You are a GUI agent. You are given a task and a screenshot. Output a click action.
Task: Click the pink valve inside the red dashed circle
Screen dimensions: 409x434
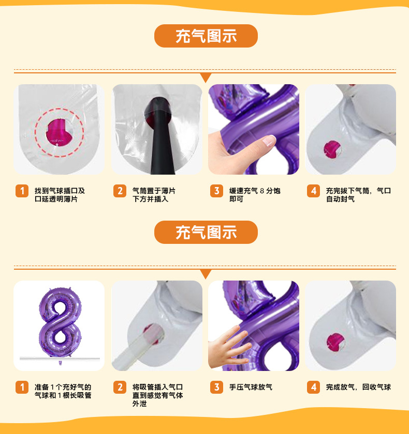(57, 132)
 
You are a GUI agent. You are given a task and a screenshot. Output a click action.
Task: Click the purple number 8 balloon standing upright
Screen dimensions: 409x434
(60, 325)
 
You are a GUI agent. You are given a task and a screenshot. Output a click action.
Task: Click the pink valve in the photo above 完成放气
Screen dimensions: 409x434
(335, 343)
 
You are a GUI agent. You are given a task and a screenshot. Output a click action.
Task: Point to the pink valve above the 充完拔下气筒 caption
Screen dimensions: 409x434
(332, 149)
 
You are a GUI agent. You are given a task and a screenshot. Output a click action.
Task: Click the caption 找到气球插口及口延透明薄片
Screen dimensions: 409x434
(60, 195)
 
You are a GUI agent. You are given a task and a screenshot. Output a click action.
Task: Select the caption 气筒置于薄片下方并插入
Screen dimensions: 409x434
(154, 195)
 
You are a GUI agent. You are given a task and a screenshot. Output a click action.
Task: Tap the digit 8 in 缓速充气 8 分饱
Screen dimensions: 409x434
(262, 191)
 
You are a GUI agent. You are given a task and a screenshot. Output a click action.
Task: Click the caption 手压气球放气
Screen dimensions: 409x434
(251, 387)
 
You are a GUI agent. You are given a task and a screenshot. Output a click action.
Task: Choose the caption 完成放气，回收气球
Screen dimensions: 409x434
(358, 387)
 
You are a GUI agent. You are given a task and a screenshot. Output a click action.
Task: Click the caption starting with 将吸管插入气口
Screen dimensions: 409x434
(157, 395)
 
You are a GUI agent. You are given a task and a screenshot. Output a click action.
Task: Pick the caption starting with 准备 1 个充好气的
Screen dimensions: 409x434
(63, 391)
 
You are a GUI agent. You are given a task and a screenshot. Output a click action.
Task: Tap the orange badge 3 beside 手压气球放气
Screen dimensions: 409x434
(216, 387)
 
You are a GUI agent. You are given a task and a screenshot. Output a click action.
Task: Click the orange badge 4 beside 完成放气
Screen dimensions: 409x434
(313, 387)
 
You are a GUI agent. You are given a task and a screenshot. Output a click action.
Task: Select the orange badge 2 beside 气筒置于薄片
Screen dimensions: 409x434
(120, 191)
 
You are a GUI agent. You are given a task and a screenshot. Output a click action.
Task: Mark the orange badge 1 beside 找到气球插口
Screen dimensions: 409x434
(22, 191)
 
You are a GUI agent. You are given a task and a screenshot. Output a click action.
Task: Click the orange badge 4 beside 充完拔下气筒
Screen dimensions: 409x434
(313, 191)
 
